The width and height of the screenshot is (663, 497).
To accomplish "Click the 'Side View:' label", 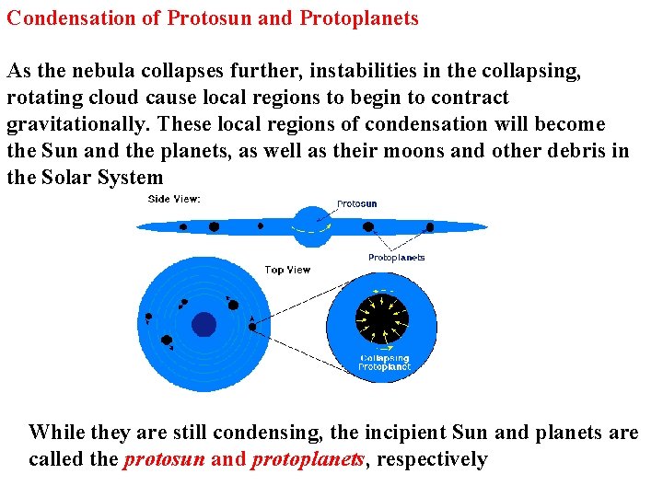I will (174, 199).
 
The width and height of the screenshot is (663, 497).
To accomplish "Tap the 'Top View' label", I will (287, 270).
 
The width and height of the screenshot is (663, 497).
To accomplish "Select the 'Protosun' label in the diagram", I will (356, 204).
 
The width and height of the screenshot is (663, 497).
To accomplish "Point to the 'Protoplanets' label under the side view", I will (396, 258).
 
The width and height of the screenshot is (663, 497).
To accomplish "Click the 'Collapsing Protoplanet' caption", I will (385, 362).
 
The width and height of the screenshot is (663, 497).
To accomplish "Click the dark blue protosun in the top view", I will (204, 325).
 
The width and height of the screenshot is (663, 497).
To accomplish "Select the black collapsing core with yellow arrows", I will (384, 318).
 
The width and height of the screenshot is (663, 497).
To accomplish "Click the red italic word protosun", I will (164, 459).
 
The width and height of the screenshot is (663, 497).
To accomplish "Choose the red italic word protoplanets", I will (308, 459).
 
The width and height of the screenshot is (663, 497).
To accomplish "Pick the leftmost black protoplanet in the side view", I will (182, 226).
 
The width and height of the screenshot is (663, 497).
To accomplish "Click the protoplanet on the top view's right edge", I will (252, 326).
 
